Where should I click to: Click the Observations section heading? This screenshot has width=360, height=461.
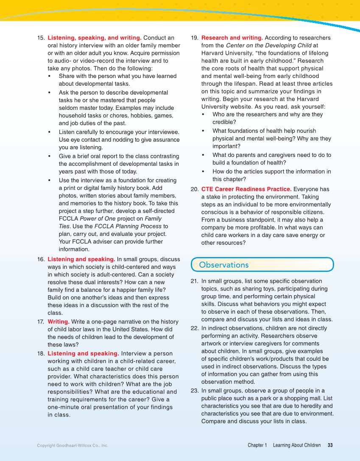coord(223,265)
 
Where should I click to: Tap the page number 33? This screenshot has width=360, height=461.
coord(330,445)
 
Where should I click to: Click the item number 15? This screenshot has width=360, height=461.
coord(41,38)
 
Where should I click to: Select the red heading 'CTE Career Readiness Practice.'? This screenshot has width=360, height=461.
coord(246,189)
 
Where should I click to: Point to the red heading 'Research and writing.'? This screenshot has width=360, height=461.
coord(232,38)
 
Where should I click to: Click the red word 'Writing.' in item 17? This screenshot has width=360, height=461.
coord(59,322)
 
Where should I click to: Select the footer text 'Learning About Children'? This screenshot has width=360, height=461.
coord(296,445)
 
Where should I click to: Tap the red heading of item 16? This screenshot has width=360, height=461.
coord(81,259)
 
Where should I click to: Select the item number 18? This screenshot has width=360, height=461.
coord(41,354)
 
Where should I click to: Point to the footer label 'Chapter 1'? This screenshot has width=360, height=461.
coord(257,445)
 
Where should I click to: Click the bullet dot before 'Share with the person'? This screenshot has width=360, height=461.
coord(50,76)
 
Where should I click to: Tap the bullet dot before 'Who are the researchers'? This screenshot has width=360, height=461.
coord(204,115)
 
